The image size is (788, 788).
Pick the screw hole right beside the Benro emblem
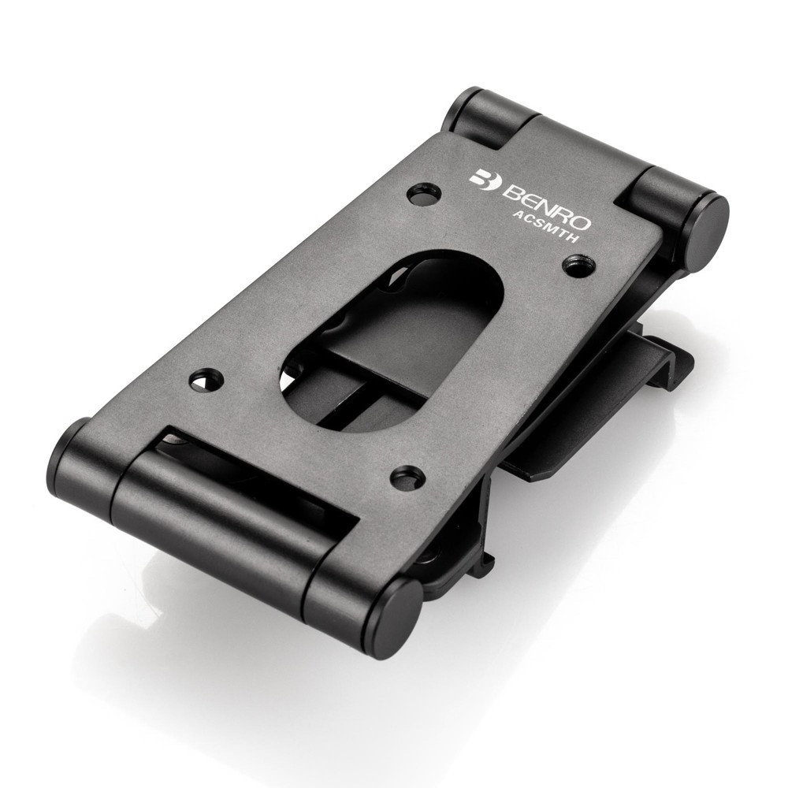(x=424, y=194)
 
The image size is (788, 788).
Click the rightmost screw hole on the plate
(x=579, y=266)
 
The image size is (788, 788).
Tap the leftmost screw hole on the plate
(x=206, y=380)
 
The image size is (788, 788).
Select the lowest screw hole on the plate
(x=407, y=477)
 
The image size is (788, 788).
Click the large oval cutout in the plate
(x=394, y=339)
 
